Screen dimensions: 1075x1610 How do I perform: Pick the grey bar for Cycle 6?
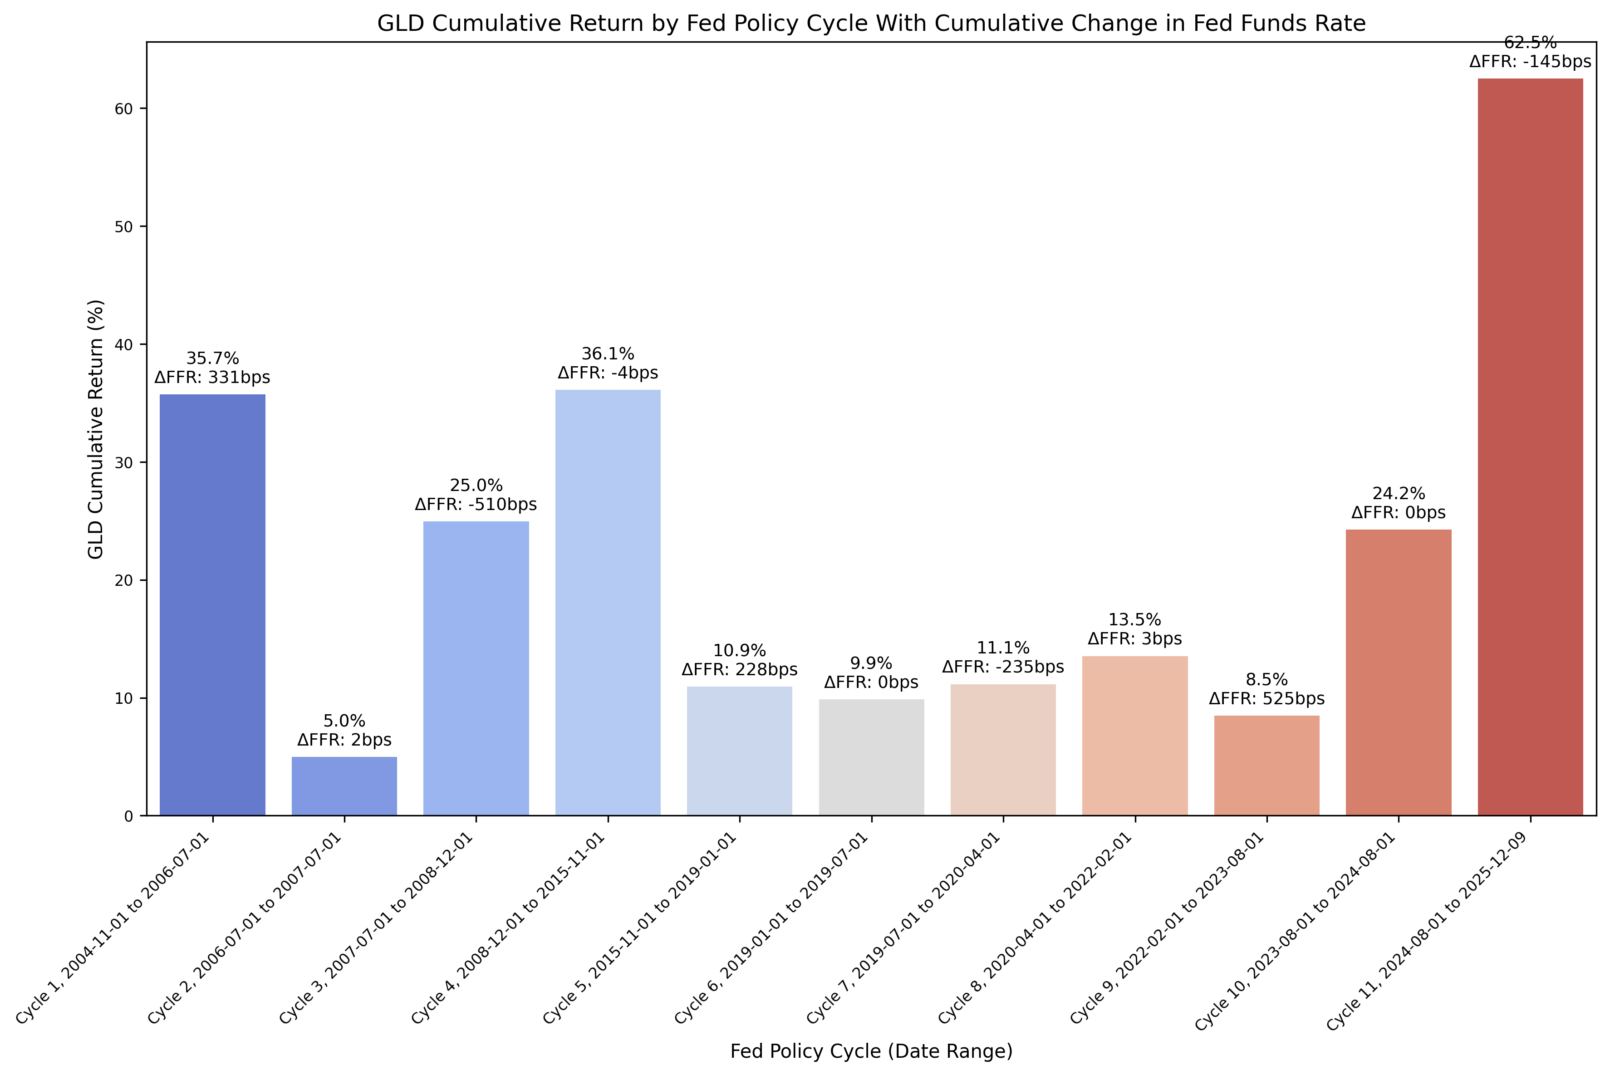871,757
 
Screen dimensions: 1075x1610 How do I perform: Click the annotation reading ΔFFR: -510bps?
476,505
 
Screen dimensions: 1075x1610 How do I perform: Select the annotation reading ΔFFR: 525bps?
1266,699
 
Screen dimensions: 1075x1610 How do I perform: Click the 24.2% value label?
1398,494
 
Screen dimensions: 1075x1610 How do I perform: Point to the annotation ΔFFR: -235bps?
1003,667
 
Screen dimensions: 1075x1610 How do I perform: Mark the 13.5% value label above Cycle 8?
1134,620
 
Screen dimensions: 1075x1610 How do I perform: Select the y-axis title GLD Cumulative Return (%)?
96,429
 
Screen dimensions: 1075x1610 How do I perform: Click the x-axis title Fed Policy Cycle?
871,1051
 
